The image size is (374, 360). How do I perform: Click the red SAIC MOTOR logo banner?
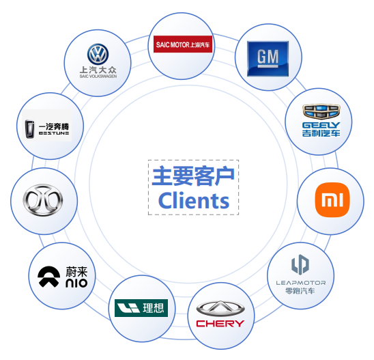183,44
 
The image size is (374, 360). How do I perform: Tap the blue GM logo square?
268,59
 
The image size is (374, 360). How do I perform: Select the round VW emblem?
98,54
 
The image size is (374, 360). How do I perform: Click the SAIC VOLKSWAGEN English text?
98,76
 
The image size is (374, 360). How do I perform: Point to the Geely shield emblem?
321,111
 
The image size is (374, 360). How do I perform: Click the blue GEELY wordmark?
321,125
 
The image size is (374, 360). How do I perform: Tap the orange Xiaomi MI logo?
332,200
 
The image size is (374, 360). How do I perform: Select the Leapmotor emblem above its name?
300,264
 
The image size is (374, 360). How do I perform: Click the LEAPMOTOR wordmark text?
301,283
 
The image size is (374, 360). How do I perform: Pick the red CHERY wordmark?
220,324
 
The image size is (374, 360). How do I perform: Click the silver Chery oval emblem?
220,309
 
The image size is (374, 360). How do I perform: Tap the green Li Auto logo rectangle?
141,308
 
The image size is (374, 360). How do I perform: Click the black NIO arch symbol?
48,277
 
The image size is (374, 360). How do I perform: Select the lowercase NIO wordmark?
76,283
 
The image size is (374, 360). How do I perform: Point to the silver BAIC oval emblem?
43,200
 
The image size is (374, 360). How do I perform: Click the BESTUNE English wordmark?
54,133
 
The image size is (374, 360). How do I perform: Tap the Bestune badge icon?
29,129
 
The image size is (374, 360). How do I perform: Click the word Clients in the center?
194,201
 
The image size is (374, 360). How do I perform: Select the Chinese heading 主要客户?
193,176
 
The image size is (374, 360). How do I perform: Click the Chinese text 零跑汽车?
300,291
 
